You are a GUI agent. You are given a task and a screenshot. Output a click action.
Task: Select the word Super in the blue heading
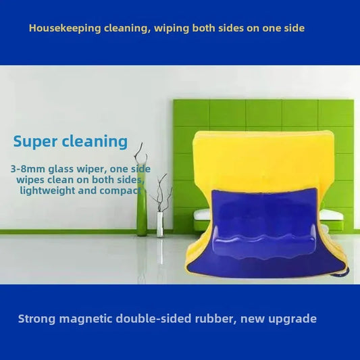tap(34, 141)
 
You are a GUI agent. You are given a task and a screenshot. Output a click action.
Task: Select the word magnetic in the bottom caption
tap(85, 318)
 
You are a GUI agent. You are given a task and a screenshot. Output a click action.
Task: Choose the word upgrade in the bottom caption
tap(292, 319)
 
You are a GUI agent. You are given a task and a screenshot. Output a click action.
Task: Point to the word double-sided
tap(151, 318)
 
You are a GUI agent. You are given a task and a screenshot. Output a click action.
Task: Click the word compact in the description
tap(123, 190)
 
